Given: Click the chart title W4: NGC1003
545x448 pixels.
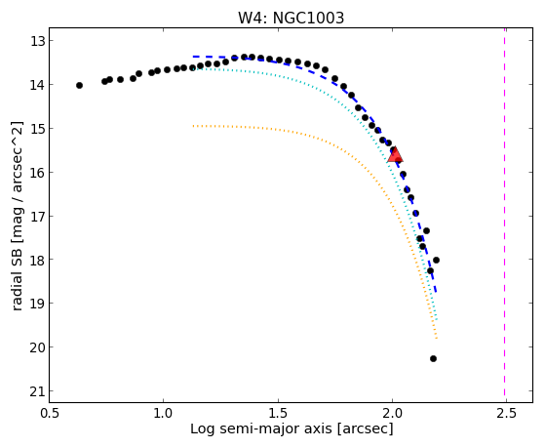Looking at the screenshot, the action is (291, 18).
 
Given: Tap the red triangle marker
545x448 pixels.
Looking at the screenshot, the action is (395, 155).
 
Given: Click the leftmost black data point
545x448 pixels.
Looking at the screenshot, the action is (79, 85).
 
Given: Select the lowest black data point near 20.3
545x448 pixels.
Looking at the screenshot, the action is (433, 358).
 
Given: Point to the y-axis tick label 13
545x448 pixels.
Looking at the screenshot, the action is (37, 41).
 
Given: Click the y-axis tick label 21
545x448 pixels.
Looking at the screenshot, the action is (37, 391).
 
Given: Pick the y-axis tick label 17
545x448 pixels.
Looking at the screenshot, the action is (37, 217).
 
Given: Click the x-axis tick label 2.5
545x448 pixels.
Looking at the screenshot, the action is (506, 414).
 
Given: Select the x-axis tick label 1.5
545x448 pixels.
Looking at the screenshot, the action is (279, 414).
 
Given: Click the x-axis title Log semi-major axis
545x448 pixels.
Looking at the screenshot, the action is (261, 429).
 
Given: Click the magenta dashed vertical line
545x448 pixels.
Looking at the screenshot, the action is (505, 215).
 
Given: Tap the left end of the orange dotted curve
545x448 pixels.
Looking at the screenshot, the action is (193, 126).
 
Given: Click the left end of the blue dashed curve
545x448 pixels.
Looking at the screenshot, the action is (193, 57).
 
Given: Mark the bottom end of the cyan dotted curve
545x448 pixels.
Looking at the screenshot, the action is (437, 319).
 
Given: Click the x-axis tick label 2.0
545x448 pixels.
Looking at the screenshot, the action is (392, 414).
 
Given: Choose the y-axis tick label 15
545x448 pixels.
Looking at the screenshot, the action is (37, 129).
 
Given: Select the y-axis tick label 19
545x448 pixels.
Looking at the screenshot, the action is (37, 304).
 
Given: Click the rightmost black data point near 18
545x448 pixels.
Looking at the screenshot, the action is (436, 260).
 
